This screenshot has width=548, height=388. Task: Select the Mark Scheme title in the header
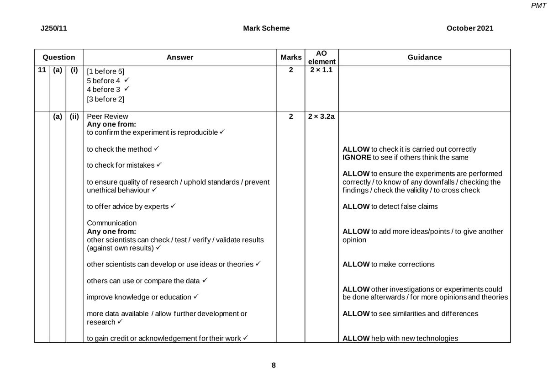pos(266,28)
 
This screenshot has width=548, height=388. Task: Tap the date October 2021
pos(470,28)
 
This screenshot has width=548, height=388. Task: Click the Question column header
pos(58,57)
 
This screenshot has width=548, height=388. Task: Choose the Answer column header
pos(180,57)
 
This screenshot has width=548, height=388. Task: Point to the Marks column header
pos(291,57)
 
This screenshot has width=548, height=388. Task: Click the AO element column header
pos(321,57)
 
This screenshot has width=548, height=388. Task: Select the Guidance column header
pos(424,57)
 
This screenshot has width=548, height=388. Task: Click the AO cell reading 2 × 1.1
pos(321,71)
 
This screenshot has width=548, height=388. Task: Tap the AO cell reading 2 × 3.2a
pos(321,117)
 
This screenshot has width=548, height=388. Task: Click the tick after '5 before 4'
pos(125,80)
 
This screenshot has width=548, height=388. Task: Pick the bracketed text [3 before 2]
pos(105,99)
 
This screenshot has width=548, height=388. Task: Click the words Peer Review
pos(107,117)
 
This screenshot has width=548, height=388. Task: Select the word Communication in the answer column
pos(111,223)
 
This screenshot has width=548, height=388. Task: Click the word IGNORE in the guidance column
pos(357,157)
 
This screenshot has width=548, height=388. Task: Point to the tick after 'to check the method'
pos(156,149)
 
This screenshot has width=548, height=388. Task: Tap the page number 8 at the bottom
pos(274,365)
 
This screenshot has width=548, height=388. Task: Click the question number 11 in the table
pos(42,71)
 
